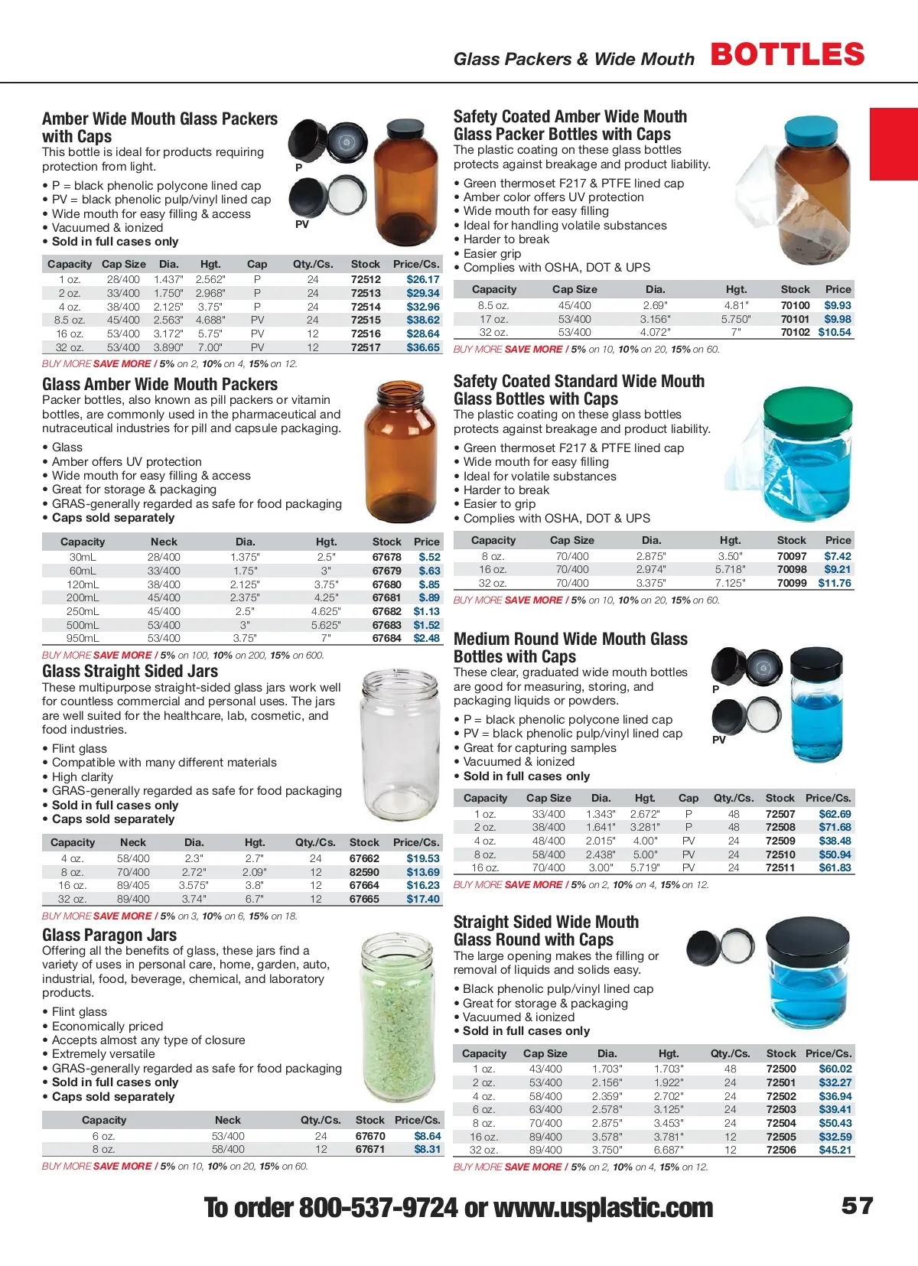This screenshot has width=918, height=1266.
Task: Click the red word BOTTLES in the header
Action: (x=787, y=55)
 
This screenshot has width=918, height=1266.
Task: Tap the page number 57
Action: (x=857, y=1206)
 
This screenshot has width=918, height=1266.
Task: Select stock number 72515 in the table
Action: (x=366, y=320)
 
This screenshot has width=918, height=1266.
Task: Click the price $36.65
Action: (x=423, y=347)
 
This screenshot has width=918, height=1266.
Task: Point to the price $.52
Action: (x=429, y=557)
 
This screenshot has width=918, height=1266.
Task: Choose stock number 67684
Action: (x=386, y=638)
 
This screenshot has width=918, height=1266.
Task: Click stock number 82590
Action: (x=364, y=872)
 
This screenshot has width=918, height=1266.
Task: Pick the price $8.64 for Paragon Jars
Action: (x=428, y=1136)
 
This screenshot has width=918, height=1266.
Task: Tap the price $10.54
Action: (x=835, y=332)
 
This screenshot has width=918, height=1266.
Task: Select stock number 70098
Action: (x=792, y=569)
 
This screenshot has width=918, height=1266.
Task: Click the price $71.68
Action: (x=835, y=827)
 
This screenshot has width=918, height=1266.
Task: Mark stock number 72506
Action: (x=781, y=1150)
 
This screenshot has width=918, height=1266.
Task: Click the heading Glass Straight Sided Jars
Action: (x=130, y=672)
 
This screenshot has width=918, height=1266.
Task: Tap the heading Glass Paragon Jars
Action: (x=109, y=935)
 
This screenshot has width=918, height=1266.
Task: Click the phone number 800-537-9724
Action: (x=378, y=1208)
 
